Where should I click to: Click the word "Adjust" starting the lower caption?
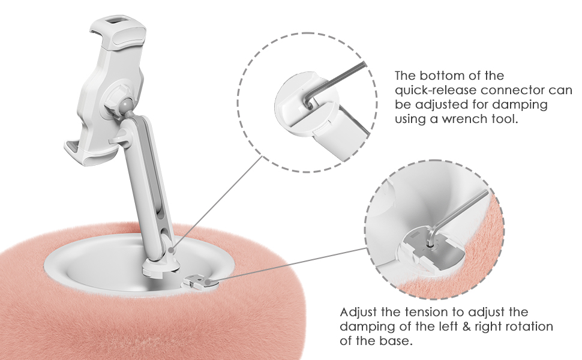pos(358,312)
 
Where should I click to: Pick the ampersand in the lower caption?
pos(465,326)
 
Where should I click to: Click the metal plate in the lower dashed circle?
pos(435,247)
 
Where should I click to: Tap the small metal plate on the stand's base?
pos(199,281)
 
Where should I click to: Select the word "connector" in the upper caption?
pos(526,90)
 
